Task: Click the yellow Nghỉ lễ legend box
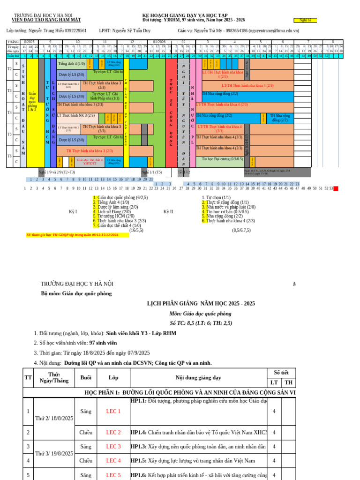305,20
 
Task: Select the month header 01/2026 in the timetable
159,42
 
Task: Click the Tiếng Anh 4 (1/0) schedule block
71,63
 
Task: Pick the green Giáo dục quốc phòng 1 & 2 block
32,101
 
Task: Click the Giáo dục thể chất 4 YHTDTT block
86,162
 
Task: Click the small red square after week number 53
336,188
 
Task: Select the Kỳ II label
168,211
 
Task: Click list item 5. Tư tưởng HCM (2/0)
112,216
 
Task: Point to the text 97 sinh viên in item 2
103,343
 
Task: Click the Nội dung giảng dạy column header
198,377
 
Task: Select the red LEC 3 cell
113,446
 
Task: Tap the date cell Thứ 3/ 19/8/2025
54,453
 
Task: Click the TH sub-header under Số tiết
289,382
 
